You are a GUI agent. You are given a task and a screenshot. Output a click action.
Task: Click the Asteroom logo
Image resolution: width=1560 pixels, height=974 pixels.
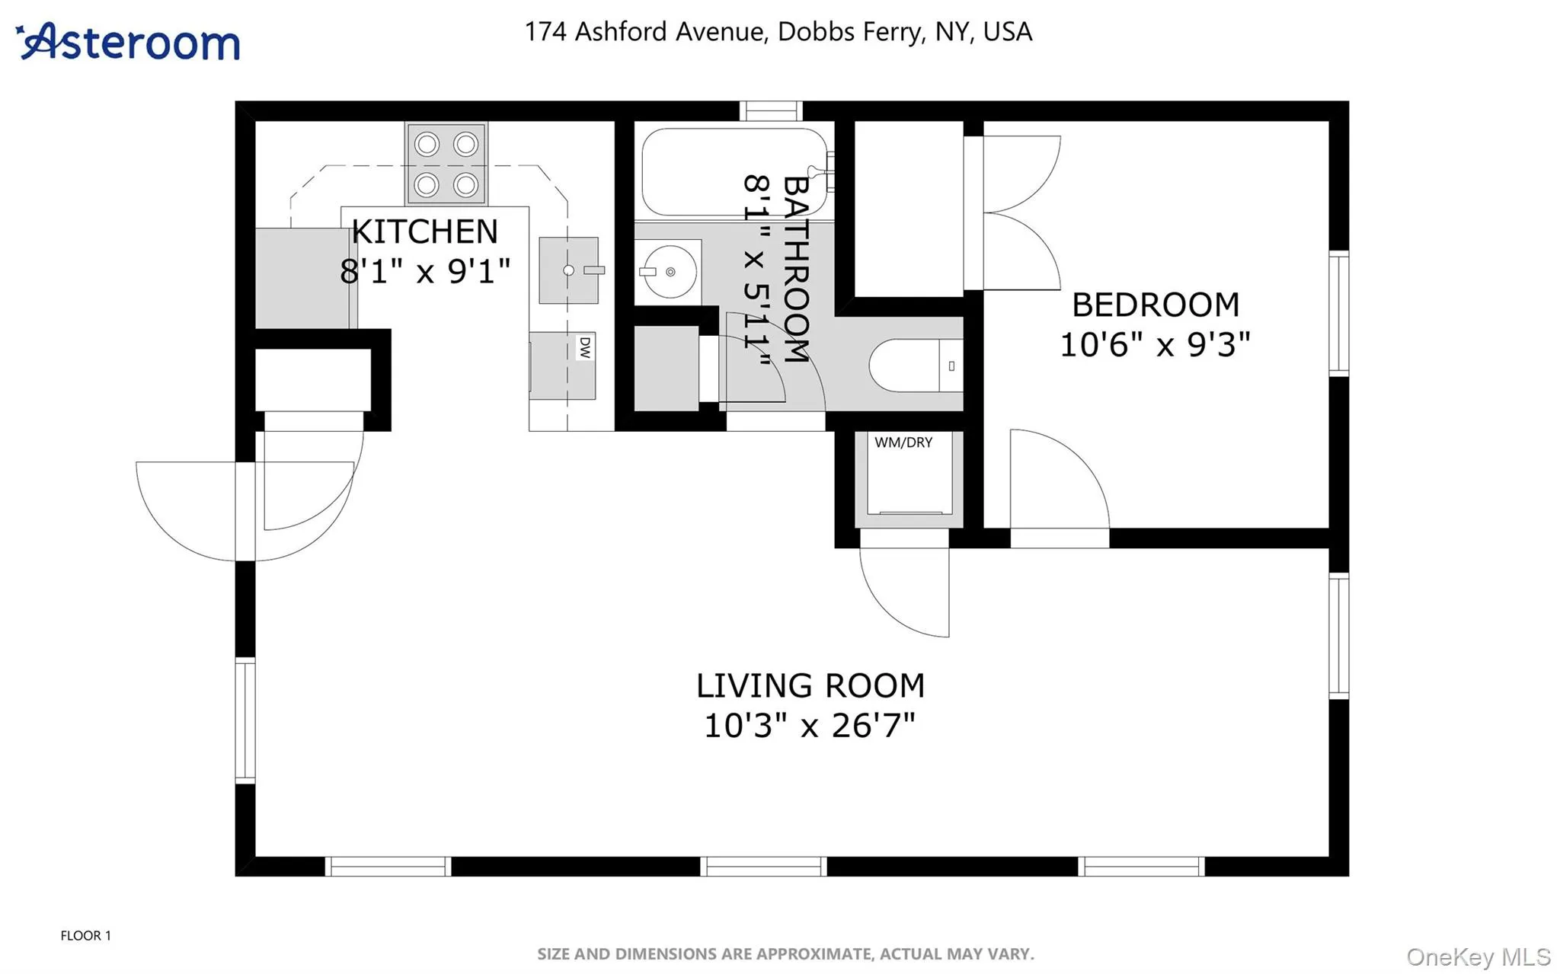point(128,41)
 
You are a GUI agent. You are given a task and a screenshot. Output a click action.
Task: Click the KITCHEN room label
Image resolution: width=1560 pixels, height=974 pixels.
point(424,232)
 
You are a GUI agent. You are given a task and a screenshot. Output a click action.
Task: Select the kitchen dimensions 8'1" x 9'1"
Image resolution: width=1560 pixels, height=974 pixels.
point(424,271)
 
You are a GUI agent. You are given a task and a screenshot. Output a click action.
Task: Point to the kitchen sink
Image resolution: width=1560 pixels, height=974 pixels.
point(568,270)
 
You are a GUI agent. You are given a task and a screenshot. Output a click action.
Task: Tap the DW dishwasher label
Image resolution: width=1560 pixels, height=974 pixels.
point(584,347)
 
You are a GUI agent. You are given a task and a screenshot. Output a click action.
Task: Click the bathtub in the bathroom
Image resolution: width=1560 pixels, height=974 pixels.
point(733,172)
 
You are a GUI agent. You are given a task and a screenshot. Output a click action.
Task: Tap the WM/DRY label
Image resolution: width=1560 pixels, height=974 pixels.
point(903,442)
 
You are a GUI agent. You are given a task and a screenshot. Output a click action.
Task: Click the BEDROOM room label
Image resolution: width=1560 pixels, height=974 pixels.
point(1155,305)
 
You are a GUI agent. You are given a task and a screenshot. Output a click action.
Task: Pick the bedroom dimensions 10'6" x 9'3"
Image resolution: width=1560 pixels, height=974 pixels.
point(1155,345)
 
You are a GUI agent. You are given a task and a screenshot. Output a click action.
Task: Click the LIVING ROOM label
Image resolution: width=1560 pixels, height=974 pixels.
point(810,685)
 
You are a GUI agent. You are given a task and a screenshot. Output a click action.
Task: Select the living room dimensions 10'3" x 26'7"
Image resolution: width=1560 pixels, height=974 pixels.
point(809,725)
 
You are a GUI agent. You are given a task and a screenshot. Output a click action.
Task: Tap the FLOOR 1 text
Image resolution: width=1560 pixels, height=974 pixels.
point(85,935)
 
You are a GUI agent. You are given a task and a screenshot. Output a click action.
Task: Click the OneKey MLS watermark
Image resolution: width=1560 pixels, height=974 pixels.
point(1478,956)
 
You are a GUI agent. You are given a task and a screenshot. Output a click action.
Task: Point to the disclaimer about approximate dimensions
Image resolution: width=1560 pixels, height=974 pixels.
point(785,953)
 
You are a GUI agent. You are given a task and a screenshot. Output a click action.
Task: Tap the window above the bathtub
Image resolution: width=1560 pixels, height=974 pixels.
point(770,111)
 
